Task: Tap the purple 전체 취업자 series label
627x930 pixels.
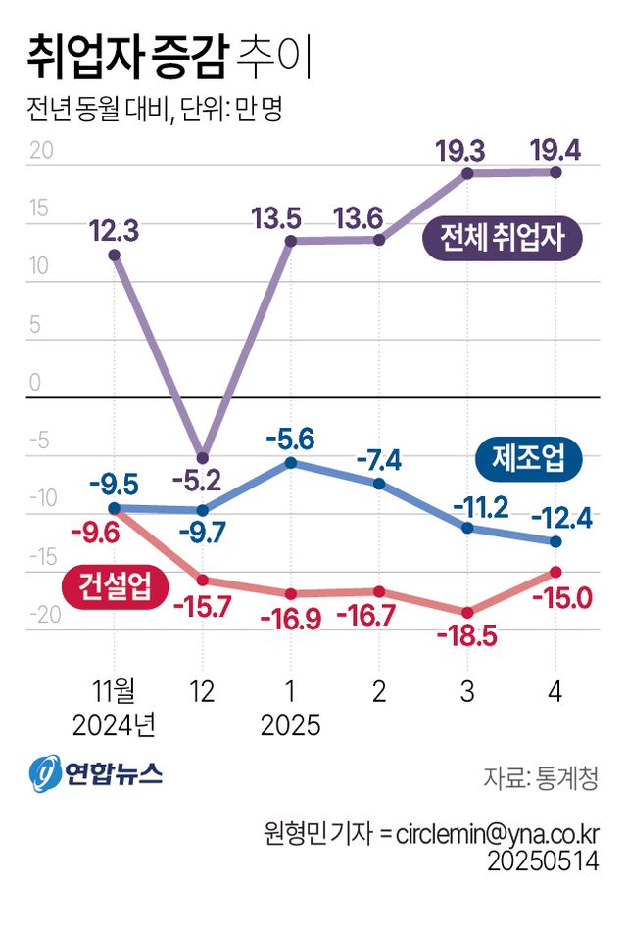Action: pyautogui.click(x=503, y=238)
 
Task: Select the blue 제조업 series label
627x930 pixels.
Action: pyautogui.click(x=528, y=457)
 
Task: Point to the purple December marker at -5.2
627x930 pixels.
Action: pyautogui.click(x=203, y=457)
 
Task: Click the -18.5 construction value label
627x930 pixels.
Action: pyautogui.click(x=468, y=636)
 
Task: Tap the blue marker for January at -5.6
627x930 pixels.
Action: pyautogui.click(x=291, y=462)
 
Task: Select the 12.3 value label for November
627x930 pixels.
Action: pyautogui.click(x=114, y=231)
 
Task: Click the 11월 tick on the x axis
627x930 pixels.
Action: pyautogui.click(x=114, y=692)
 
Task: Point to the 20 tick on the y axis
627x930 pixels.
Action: pyautogui.click(x=40, y=152)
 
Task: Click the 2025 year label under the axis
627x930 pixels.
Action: pyautogui.click(x=291, y=726)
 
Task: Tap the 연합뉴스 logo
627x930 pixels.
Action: pyautogui.click(x=95, y=774)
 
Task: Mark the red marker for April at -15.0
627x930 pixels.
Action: pyautogui.click(x=555, y=572)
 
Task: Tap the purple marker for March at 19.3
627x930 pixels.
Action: pyautogui.click(x=467, y=173)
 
